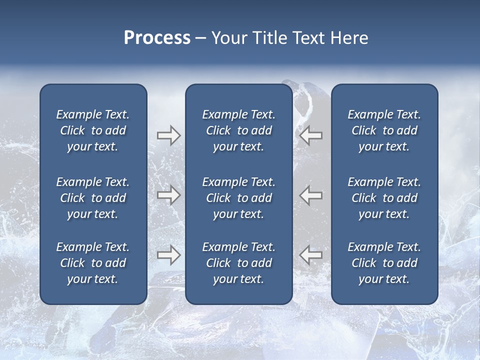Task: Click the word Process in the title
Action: pos(157,38)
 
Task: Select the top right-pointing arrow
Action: pos(168,135)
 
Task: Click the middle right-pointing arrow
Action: pos(168,195)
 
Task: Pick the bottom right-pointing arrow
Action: pos(168,255)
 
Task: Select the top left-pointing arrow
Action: pos(311,135)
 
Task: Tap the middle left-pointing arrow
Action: pos(311,195)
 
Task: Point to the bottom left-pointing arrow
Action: pos(311,255)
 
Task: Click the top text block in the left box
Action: pos(93,130)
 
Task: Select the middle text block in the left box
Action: pos(93,198)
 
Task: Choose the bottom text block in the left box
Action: pos(93,263)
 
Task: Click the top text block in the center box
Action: pos(238,130)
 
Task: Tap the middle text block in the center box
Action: pos(238,198)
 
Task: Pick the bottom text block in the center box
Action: pos(238,263)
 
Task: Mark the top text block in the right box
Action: pos(384,130)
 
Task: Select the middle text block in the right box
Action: pos(384,198)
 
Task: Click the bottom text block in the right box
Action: pos(384,263)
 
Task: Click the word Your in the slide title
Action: pos(228,38)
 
